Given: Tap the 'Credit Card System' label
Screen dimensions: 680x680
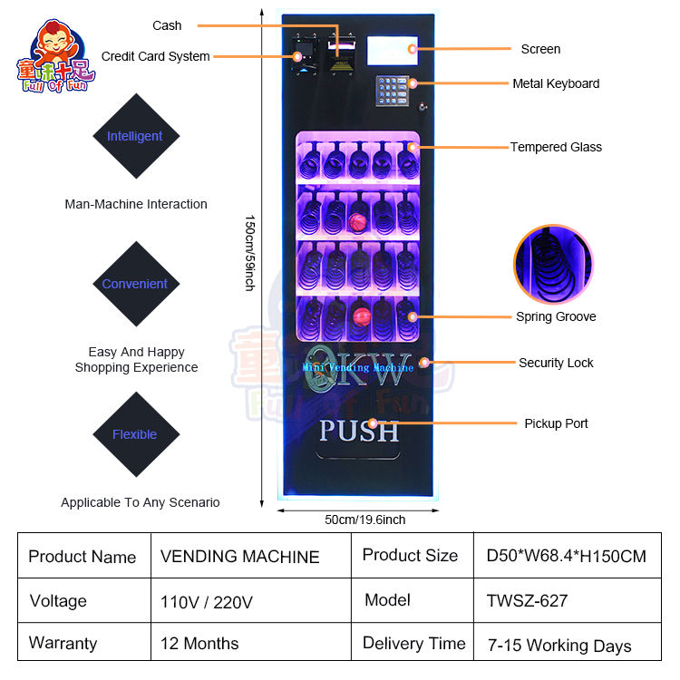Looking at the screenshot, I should click(x=155, y=56).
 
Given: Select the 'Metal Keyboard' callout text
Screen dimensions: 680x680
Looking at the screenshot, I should click(x=556, y=83).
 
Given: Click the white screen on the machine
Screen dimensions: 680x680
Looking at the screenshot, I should click(x=392, y=50).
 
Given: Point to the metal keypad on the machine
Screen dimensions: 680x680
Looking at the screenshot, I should click(x=394, y=89).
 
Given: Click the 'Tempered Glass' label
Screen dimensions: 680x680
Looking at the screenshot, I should click(x=556, y=147).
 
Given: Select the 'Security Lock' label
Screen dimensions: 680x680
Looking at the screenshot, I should click(x=556, y=363).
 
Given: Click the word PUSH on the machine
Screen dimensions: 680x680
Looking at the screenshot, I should click(x=359, y=430).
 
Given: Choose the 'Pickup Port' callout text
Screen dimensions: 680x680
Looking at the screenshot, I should click(x=556, y=423).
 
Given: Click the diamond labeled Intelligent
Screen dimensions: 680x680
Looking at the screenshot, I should click(x=135, y=136).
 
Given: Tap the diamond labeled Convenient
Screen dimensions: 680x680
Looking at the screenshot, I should click(x=135, y=284).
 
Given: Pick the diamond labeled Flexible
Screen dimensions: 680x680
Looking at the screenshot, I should click(x=135, y=434).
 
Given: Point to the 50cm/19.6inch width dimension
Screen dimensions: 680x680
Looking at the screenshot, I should click(x=365, y=520).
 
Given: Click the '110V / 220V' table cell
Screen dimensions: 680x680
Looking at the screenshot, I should click(x=207, y=601).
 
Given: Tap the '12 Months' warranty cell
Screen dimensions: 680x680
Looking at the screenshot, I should click(x=199, y=644).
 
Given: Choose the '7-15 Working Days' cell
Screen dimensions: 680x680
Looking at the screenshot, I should click(x=559, y=646).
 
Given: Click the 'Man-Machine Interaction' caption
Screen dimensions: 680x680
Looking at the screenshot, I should click(x=136, y=204).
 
